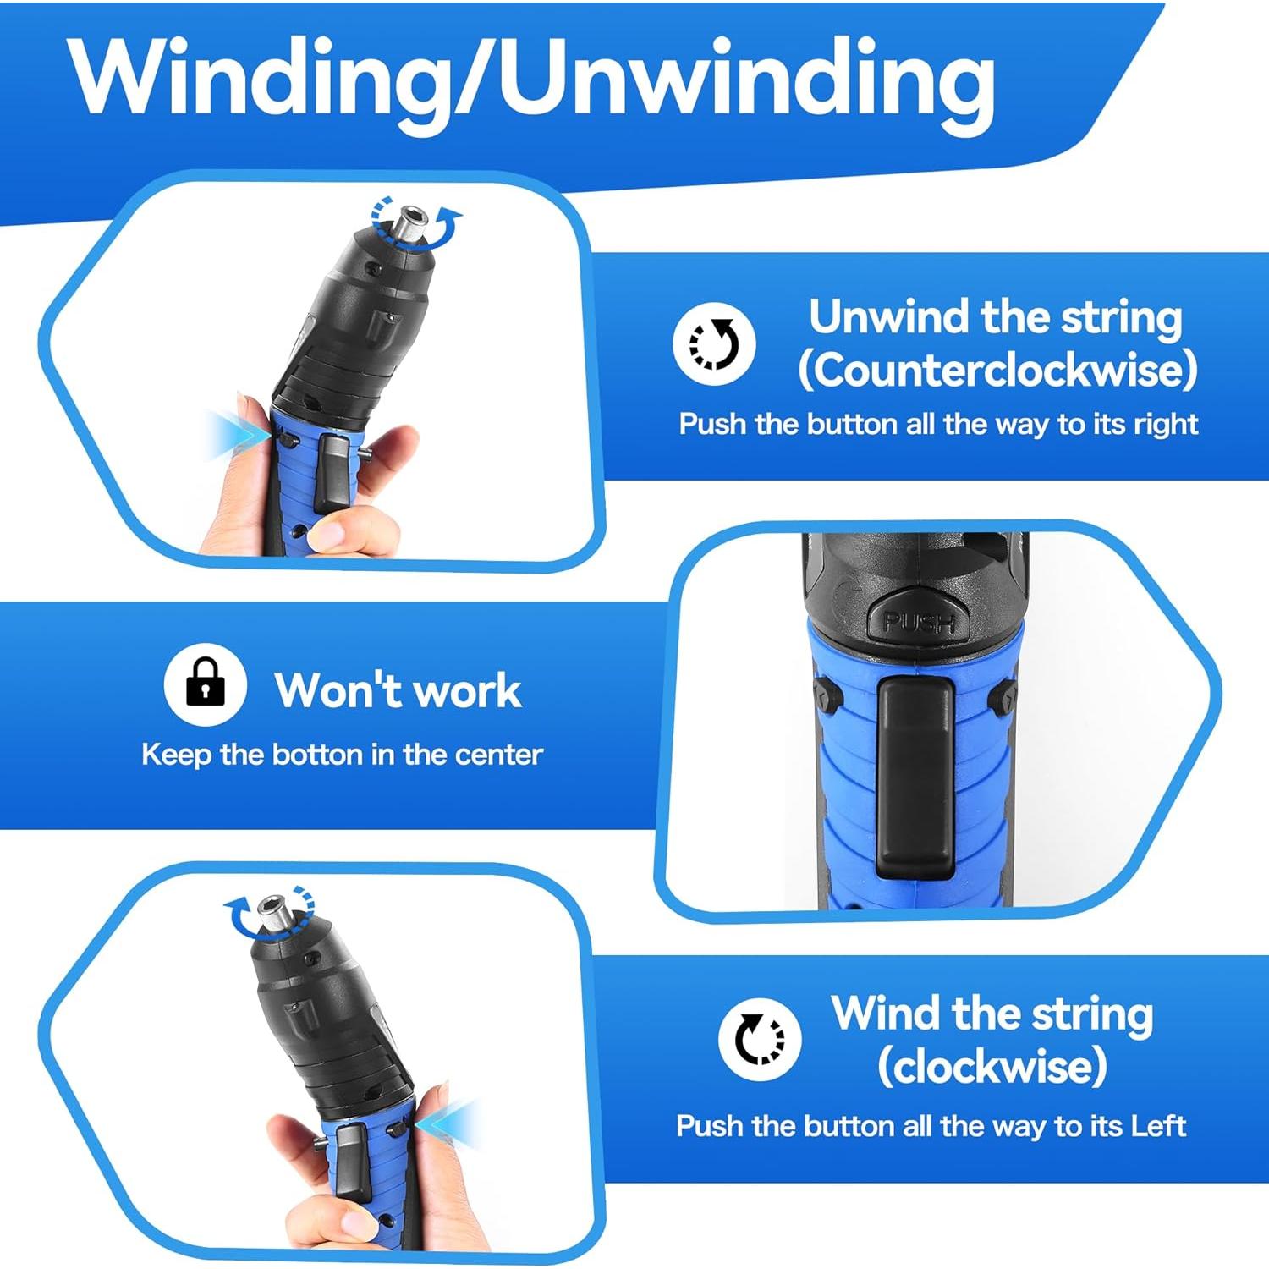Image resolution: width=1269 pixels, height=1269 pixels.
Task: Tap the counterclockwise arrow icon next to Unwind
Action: click(714, 343)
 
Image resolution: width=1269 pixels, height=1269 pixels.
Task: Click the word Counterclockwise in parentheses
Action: click(997, 370)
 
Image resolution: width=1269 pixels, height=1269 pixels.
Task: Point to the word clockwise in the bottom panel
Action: click(992, 1066)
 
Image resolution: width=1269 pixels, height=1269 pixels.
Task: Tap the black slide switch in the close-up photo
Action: click(915, 777)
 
